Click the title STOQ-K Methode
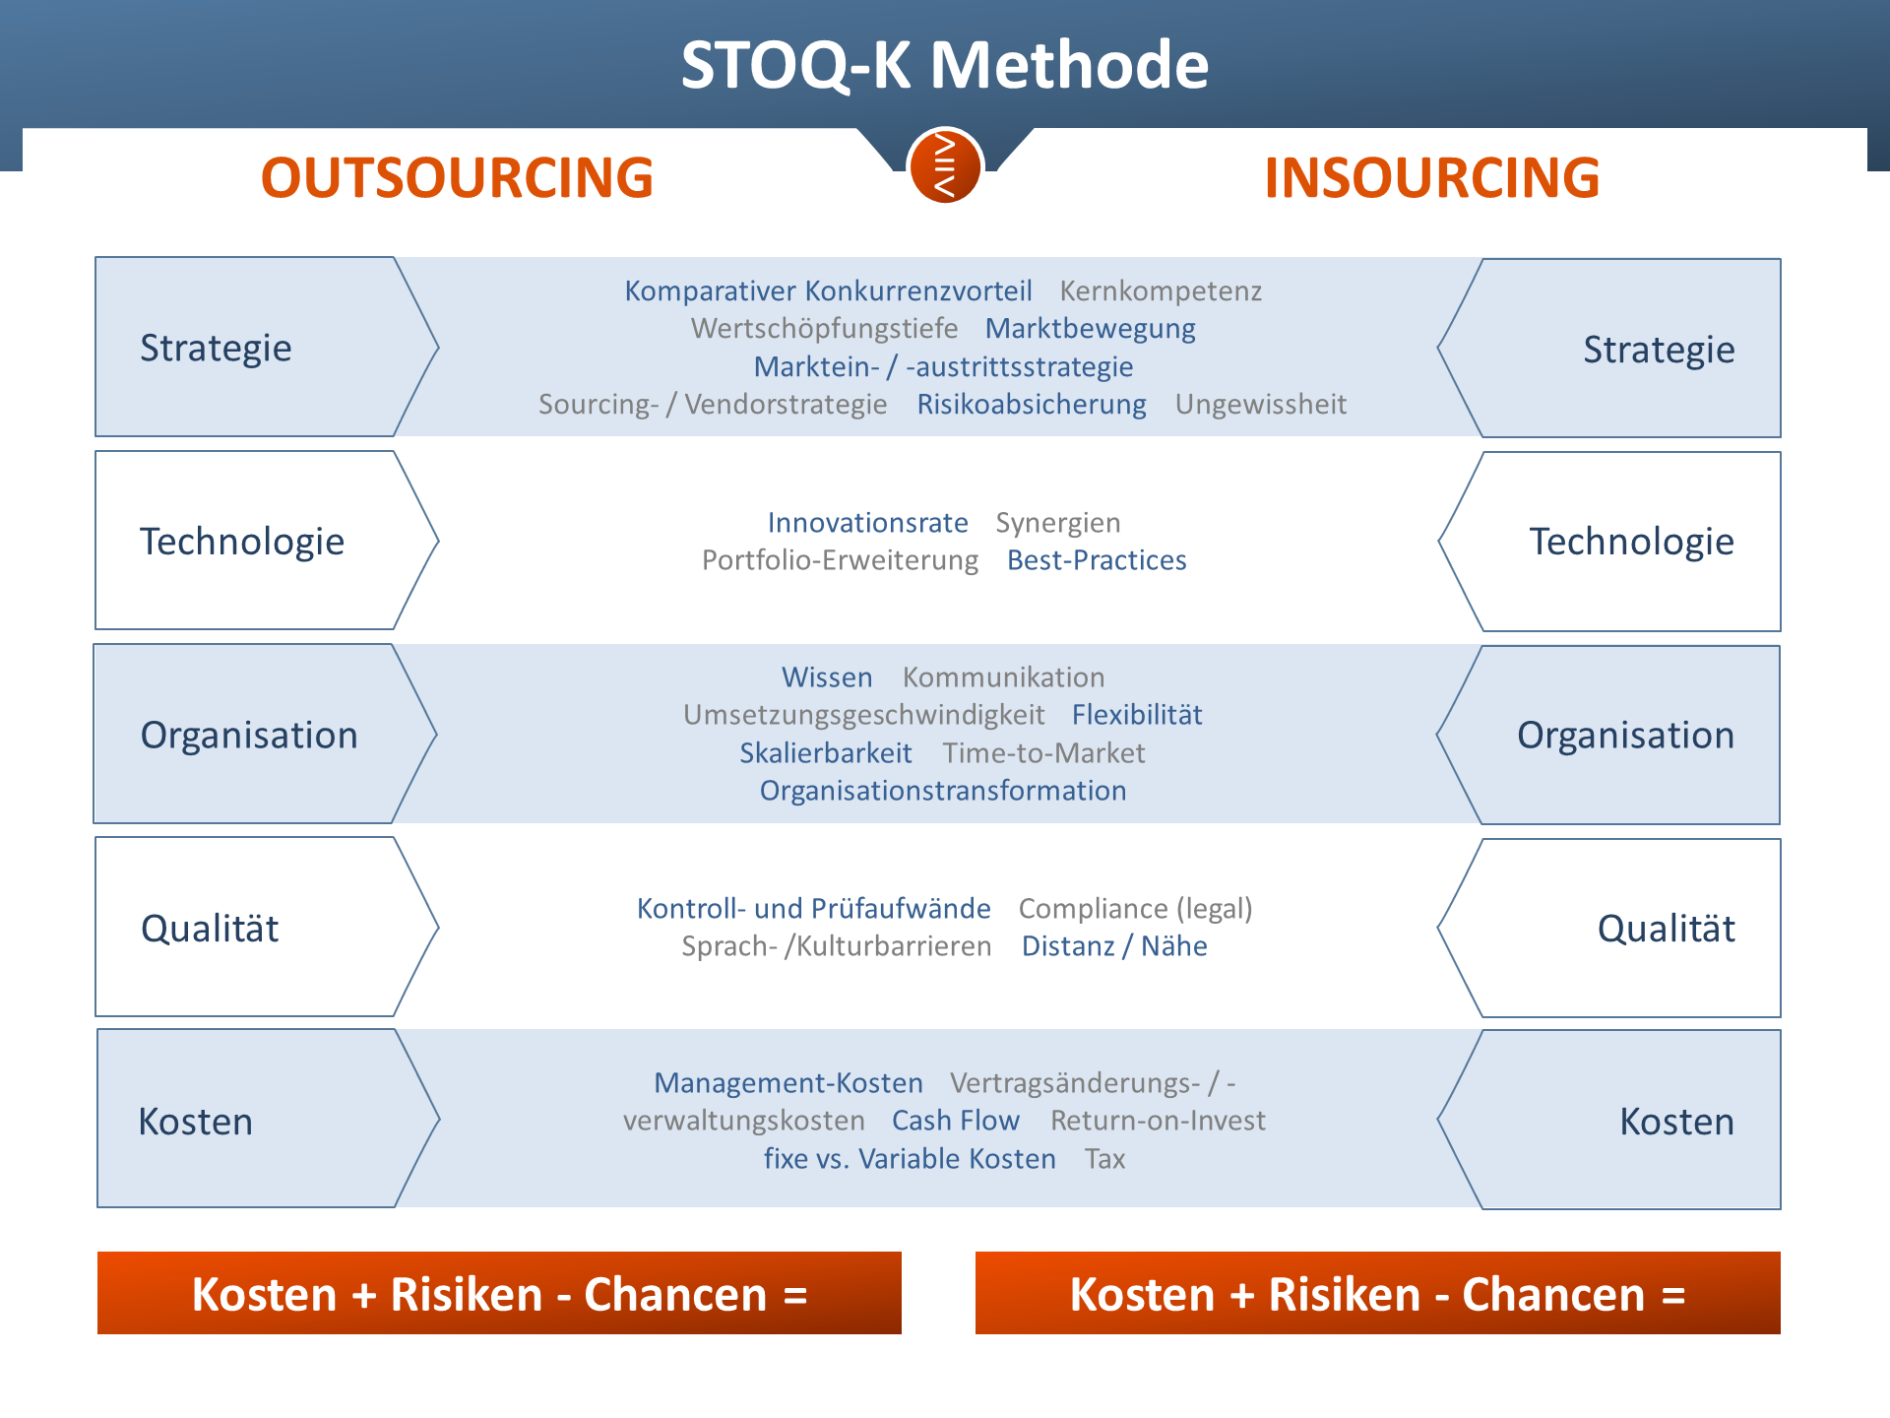945,65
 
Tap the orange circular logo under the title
945,165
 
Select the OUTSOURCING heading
457,177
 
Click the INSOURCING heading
1432,177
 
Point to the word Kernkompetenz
1161,291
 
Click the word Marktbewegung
1091,329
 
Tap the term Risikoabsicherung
1032,405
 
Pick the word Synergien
1058,523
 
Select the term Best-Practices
1097,560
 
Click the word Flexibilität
1137,715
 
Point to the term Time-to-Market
1043,753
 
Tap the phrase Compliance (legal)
1135,909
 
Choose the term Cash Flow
955,1121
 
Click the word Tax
1104,1159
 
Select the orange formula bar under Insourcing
1378,1293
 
